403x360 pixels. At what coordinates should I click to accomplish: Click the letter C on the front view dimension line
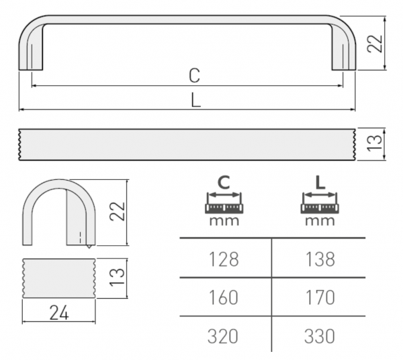194,76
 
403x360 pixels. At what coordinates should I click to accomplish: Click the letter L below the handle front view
194,101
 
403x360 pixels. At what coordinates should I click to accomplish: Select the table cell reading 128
224,259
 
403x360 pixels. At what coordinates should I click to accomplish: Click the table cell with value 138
319,259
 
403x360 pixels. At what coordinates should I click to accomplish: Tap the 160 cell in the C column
224,296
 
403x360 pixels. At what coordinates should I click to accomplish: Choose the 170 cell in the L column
319,296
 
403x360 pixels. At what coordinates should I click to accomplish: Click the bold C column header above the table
224,182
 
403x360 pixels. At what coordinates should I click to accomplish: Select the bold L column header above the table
320,182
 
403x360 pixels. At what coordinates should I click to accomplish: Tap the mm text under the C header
224,220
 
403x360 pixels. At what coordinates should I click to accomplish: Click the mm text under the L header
320,220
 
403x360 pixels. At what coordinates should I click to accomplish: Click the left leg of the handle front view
31,50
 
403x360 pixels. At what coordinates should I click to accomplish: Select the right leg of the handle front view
345,50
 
